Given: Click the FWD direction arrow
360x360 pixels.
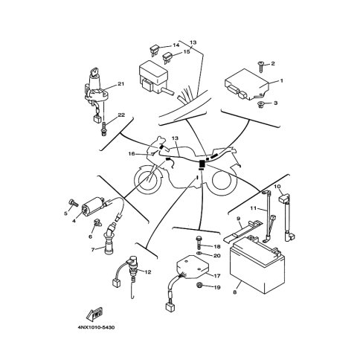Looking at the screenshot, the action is (x=94, y=314).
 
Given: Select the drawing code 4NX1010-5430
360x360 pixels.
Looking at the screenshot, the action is (x=97, y=327).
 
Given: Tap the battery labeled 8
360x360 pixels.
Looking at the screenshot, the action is (x=257, y=266).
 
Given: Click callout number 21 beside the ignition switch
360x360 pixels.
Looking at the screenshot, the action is (x=120, y=84).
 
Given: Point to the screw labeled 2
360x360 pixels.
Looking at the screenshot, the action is (x=261, y=67).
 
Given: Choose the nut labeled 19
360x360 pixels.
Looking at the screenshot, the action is (x=199, y=286).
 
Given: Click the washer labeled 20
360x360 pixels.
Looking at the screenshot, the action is (x=199, y=254).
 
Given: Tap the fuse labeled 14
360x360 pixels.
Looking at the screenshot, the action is (x=153, y=49).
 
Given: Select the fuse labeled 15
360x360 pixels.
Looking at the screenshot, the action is (x=167, y=57).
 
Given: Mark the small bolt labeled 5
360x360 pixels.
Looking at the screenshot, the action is (x=73, y=203).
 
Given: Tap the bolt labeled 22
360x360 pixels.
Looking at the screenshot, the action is (x=104, y=129).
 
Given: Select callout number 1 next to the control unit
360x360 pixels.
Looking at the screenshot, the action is (x=281, y=80).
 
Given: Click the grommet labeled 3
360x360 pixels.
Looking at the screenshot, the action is (x=260, y=104).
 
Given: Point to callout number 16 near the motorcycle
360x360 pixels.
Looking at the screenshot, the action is (x=132, y=154).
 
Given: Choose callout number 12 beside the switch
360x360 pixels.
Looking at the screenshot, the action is (x=147, y=272).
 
